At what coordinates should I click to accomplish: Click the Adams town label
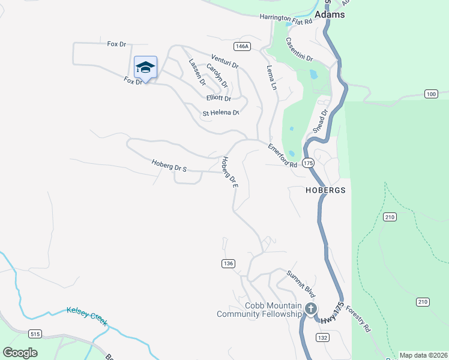pos(330,14)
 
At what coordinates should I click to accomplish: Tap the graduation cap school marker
pos(145,67)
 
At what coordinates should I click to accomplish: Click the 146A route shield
pos(242,46)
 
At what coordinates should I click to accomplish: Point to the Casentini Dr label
pos(300,50)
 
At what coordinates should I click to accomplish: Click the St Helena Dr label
pos(221,113)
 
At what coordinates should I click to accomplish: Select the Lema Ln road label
pos(271,77)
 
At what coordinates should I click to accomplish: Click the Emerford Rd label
pos(283,155)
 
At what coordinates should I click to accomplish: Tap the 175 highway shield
pos(308,163)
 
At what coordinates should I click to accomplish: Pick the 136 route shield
pos(227,263)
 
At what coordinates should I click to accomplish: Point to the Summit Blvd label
pos(300,284)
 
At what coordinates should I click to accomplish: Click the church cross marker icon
pos(310,309)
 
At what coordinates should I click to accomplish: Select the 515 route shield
pos(35,334)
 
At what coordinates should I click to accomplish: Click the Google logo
pos(20,352)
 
